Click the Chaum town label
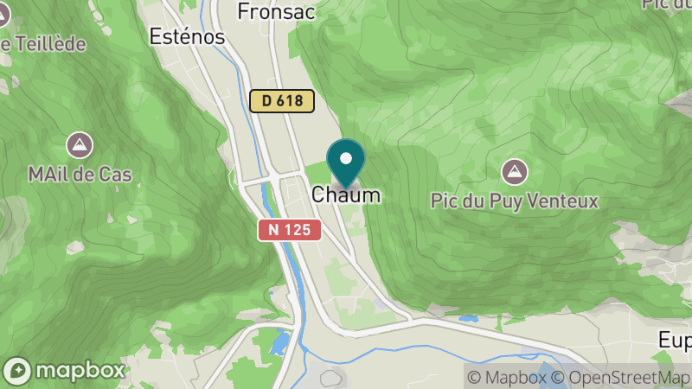[x=345, y=195]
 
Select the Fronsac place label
[x=272, y=11]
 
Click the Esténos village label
[x=187, y=37]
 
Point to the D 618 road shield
[x=282, y=100]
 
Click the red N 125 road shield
[x=290, y=230]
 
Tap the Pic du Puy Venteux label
[x=515, y=201]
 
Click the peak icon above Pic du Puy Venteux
[x=516, y=171]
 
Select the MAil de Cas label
[x=80, y=175]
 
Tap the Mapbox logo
[x=66, y=371]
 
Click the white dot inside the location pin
[x=346, y=159]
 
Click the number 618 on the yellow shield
[x=290, y=100]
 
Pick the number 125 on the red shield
[x=298, y=230]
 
